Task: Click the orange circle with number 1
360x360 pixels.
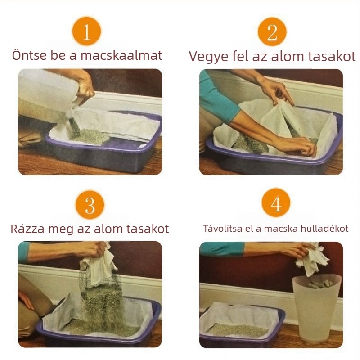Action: pos(86,31)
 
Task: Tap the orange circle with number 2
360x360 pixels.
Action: pos(272,31)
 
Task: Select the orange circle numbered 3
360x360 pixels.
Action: pos(90,205)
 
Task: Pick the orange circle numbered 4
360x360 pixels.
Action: pos(276,204)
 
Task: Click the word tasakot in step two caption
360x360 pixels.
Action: pos(333,56)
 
